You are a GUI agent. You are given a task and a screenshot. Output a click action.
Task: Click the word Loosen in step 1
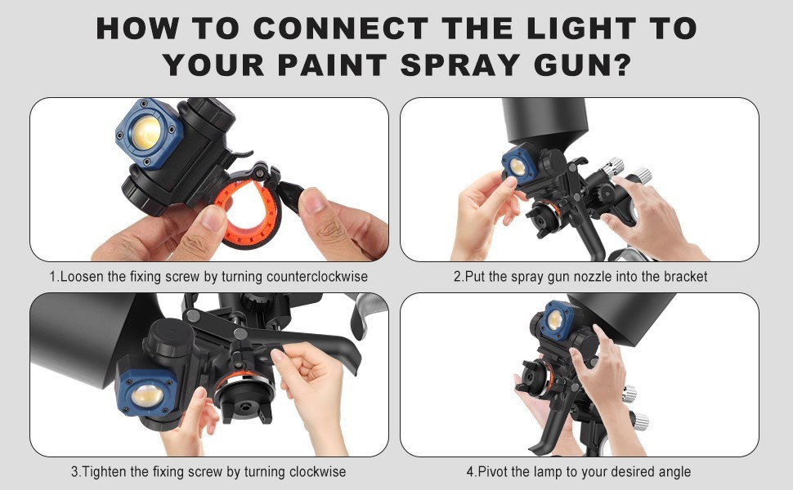[x=82, y=277]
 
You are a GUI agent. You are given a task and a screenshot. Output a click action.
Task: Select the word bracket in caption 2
[x=684, y=277]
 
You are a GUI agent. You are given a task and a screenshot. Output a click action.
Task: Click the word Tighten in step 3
[x=107, y=472]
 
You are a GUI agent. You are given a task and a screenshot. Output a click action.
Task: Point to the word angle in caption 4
[x=674, y=472]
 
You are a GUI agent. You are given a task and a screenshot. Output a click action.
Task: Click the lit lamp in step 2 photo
[x=517, y=167]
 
